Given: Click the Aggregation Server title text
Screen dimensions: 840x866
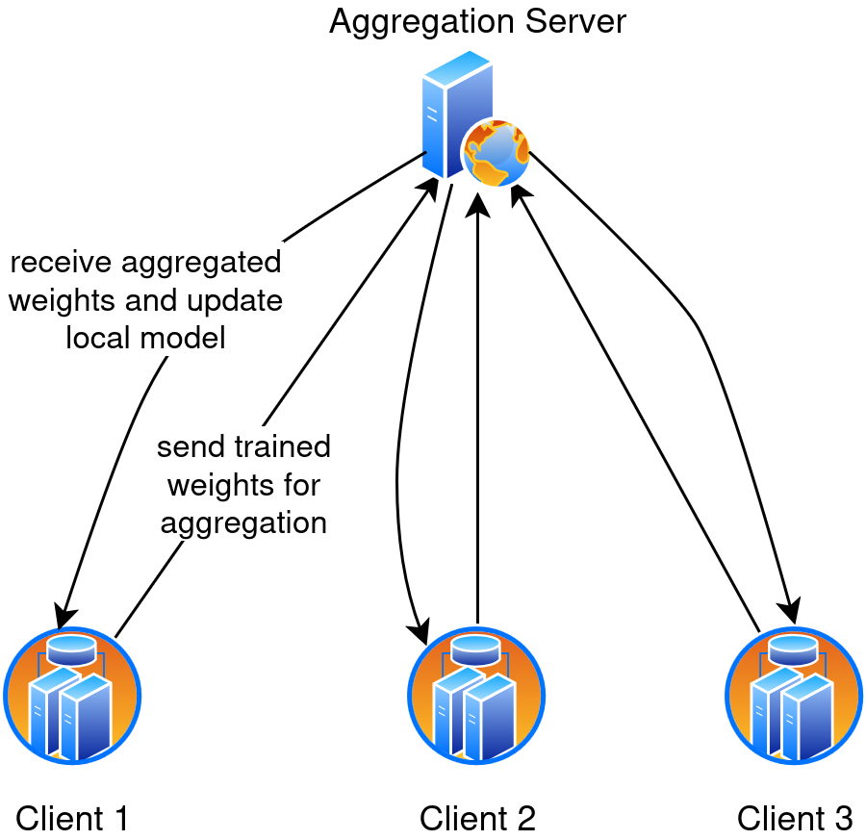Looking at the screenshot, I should click(477, 21).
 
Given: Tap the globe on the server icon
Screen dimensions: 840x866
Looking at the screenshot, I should click(496, 153).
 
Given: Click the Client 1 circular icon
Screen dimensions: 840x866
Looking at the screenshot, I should click(72, 696).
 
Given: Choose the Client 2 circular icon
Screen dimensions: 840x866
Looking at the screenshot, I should click(476, 696).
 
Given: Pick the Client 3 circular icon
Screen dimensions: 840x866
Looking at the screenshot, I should click(794, 696).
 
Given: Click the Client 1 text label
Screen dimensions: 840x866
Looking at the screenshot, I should click(72, 819).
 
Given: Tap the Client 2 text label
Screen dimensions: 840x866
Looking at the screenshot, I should click(477, 819).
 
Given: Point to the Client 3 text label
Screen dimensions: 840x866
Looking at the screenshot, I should click(795, 819).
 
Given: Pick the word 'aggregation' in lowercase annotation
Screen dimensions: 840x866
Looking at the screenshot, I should click(243, 522).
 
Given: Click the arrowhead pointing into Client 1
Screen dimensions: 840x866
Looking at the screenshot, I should click(64, 612).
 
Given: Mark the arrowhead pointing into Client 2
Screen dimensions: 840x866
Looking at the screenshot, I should click(420, 631).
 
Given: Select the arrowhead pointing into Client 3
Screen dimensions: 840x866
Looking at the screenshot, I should click(791, 611).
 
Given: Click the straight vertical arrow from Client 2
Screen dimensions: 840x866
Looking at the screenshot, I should click(477, 404).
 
